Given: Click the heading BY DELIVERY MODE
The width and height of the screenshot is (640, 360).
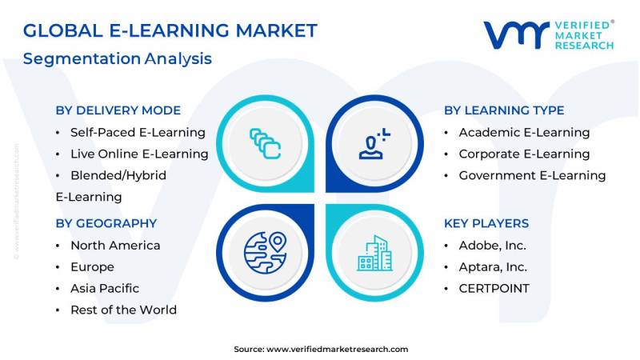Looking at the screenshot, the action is point(118,110).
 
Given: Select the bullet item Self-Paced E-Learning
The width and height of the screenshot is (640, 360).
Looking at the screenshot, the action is point(138,132).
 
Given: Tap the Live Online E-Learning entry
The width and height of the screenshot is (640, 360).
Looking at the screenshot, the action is point(139,154).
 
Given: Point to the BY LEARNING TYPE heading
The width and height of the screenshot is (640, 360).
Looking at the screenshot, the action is point(504,110).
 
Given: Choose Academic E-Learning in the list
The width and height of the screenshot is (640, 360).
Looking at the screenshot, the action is point(524,132).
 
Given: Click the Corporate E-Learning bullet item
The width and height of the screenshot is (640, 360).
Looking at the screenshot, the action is point(524,154).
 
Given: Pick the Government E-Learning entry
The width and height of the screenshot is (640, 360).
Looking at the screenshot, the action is point(532,175).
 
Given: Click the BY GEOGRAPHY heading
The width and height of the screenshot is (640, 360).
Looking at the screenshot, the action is point(106,223).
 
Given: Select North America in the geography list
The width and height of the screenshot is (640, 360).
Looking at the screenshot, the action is point(115,246).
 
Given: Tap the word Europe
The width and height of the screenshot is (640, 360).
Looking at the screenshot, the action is point(92,267).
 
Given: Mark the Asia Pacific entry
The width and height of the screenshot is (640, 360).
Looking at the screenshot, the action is point(105,289).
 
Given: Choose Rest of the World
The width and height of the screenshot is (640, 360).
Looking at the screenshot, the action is point(124,310).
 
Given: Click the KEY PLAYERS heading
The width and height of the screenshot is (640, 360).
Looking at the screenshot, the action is point(486,223).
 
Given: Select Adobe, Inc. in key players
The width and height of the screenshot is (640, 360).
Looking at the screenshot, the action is point(493,246).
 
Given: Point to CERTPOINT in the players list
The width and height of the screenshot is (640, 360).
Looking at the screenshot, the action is point(494,289).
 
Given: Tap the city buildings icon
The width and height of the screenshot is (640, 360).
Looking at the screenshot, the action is point(374,253).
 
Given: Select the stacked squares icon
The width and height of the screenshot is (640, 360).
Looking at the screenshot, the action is point(266,144).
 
